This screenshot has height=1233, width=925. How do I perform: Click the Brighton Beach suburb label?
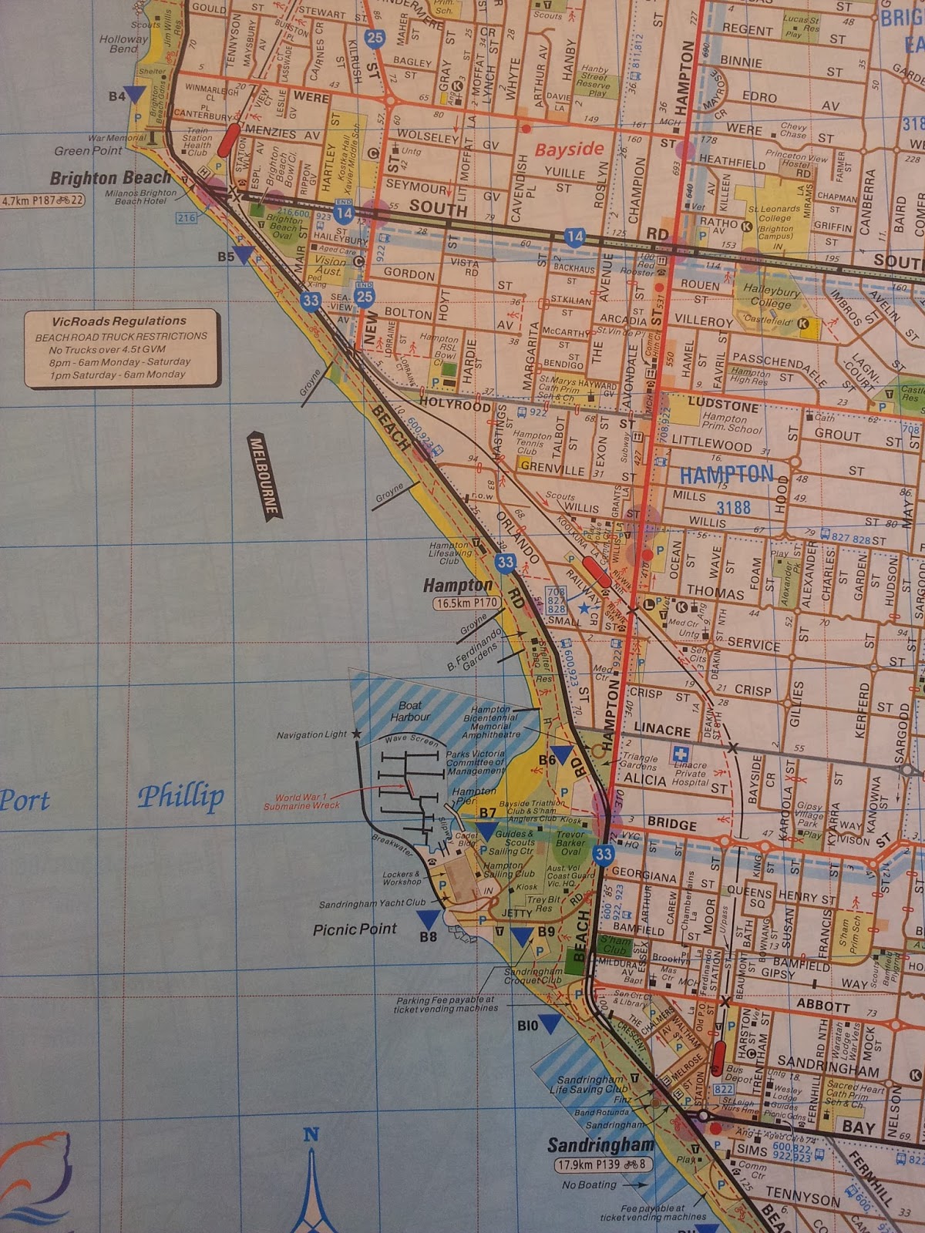pos(109,179)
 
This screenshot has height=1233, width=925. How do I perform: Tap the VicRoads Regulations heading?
pos(119,321)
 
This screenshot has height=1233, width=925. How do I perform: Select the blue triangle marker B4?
pos(136,94)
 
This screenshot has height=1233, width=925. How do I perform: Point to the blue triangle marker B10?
pos(550,1023)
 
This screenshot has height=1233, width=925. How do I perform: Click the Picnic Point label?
pos(355,929)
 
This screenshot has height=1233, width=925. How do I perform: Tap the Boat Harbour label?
pos(410,711)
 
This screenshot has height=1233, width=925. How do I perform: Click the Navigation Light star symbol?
pos(357,734)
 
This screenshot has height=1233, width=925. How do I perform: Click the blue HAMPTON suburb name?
pos(726,474)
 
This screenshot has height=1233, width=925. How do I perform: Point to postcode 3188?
pos(733,507)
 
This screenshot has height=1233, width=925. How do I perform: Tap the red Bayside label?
pos(569,149)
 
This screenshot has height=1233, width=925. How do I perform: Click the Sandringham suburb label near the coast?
pos(600,1144)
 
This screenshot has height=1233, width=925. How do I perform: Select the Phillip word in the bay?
pos(181,796)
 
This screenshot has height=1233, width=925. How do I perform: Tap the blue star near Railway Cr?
pos(584,608)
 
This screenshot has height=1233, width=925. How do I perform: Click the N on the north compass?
pos(311,1134)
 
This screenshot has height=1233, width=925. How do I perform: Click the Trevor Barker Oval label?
pos(570,842)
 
